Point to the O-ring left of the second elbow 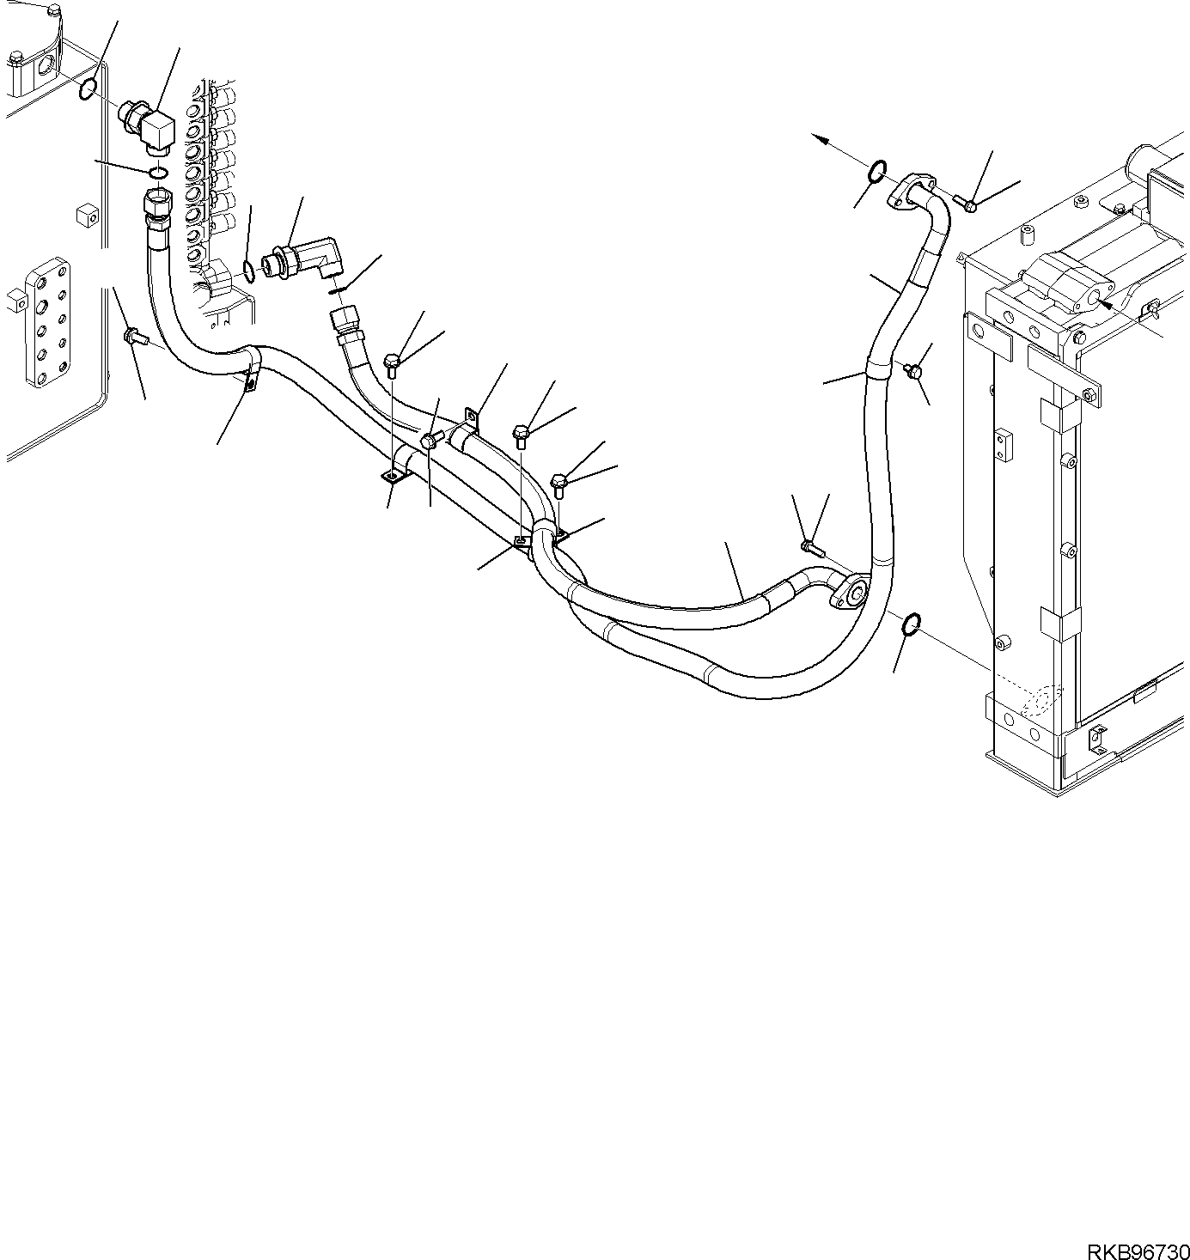tap(248, 273)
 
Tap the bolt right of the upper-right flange tap(966, 204)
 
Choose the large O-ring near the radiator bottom tap(912, 622)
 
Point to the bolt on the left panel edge tap(134, 336)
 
